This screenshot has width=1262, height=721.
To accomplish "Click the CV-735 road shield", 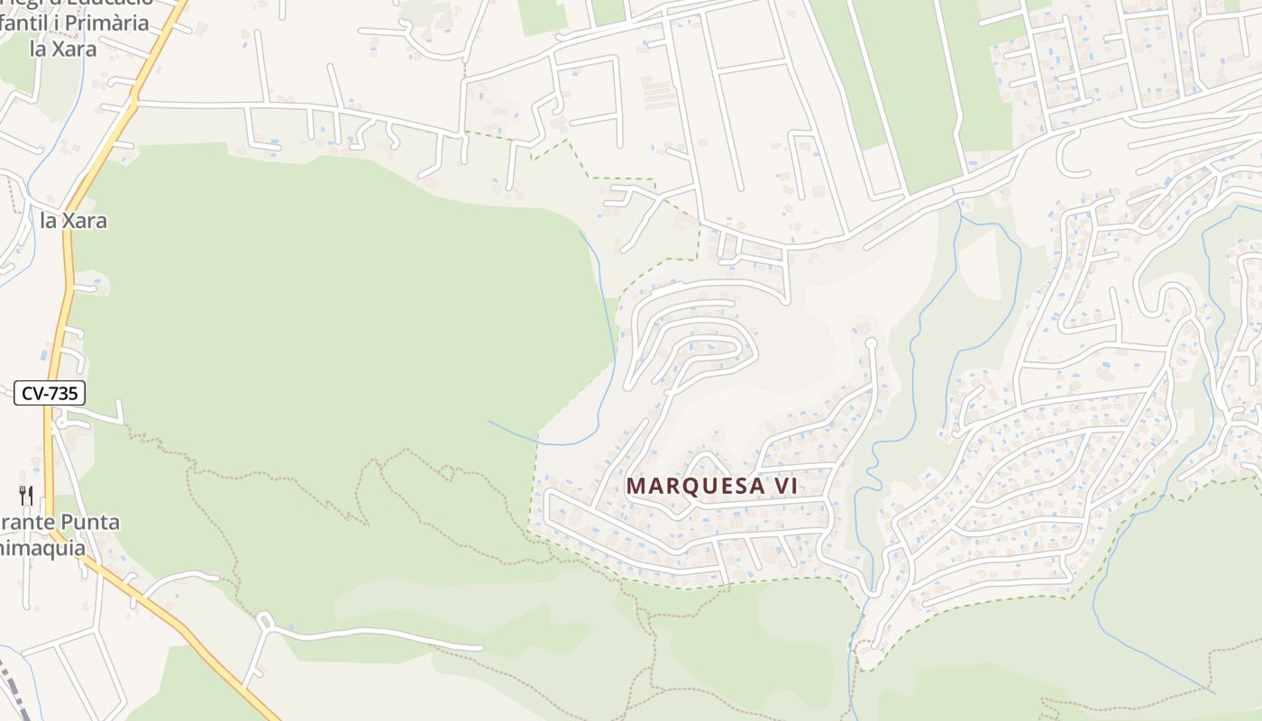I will pos(50,393).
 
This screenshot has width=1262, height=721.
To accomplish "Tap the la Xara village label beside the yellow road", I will pos(74,220).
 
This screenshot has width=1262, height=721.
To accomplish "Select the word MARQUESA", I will pos(692,485).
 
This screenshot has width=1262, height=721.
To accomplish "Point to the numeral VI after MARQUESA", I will pos(784,485).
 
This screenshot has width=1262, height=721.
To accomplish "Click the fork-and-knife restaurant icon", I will pos(26,495).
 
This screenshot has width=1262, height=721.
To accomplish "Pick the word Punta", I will pos(89,522).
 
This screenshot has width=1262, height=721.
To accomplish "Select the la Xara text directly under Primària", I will pos(63,49).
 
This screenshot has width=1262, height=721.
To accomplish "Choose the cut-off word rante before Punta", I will pos(27,522).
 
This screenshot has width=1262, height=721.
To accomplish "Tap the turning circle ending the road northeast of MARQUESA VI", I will pos(871,343).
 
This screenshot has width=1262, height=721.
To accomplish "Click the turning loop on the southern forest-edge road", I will pos(264,620).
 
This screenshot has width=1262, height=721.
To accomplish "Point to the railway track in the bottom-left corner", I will pos(14,689).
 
